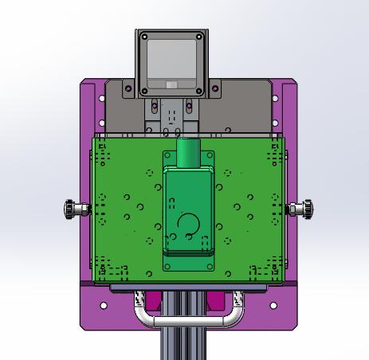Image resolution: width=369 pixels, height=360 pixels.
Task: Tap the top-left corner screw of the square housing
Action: click(x=143, y=37)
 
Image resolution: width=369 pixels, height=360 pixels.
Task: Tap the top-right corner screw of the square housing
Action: click(x=200, y=37)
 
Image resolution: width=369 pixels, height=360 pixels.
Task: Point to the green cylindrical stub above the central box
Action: click(x=187, y=152)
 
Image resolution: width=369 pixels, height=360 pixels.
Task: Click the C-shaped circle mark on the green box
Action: click(x=188, y=225)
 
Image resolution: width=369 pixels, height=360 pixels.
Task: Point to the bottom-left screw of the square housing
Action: click(x=143, y=92)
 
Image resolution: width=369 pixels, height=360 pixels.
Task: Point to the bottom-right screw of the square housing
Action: click(x=200, y=92)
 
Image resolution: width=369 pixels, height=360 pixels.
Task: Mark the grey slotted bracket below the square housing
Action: click(x=171, y=115)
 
